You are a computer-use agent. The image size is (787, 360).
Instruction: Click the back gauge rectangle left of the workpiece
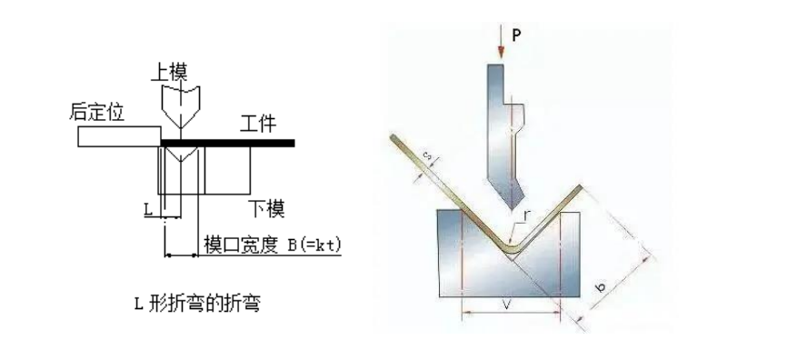118,136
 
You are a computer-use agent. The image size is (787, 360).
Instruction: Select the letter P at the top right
515,36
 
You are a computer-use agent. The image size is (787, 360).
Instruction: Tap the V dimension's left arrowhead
465,315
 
